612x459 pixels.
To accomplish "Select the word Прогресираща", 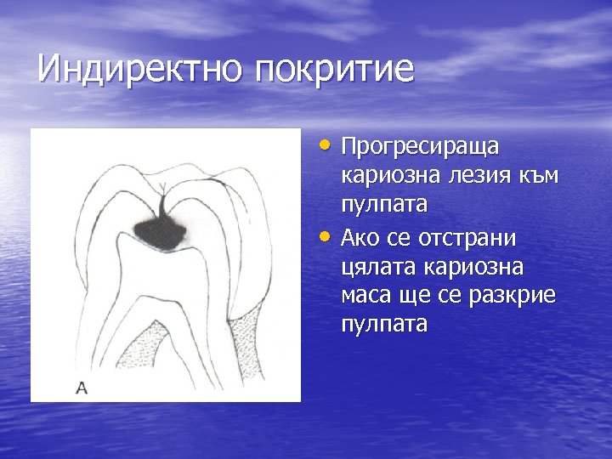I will coord(420,147).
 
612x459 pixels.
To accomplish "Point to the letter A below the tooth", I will coord(82,388).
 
